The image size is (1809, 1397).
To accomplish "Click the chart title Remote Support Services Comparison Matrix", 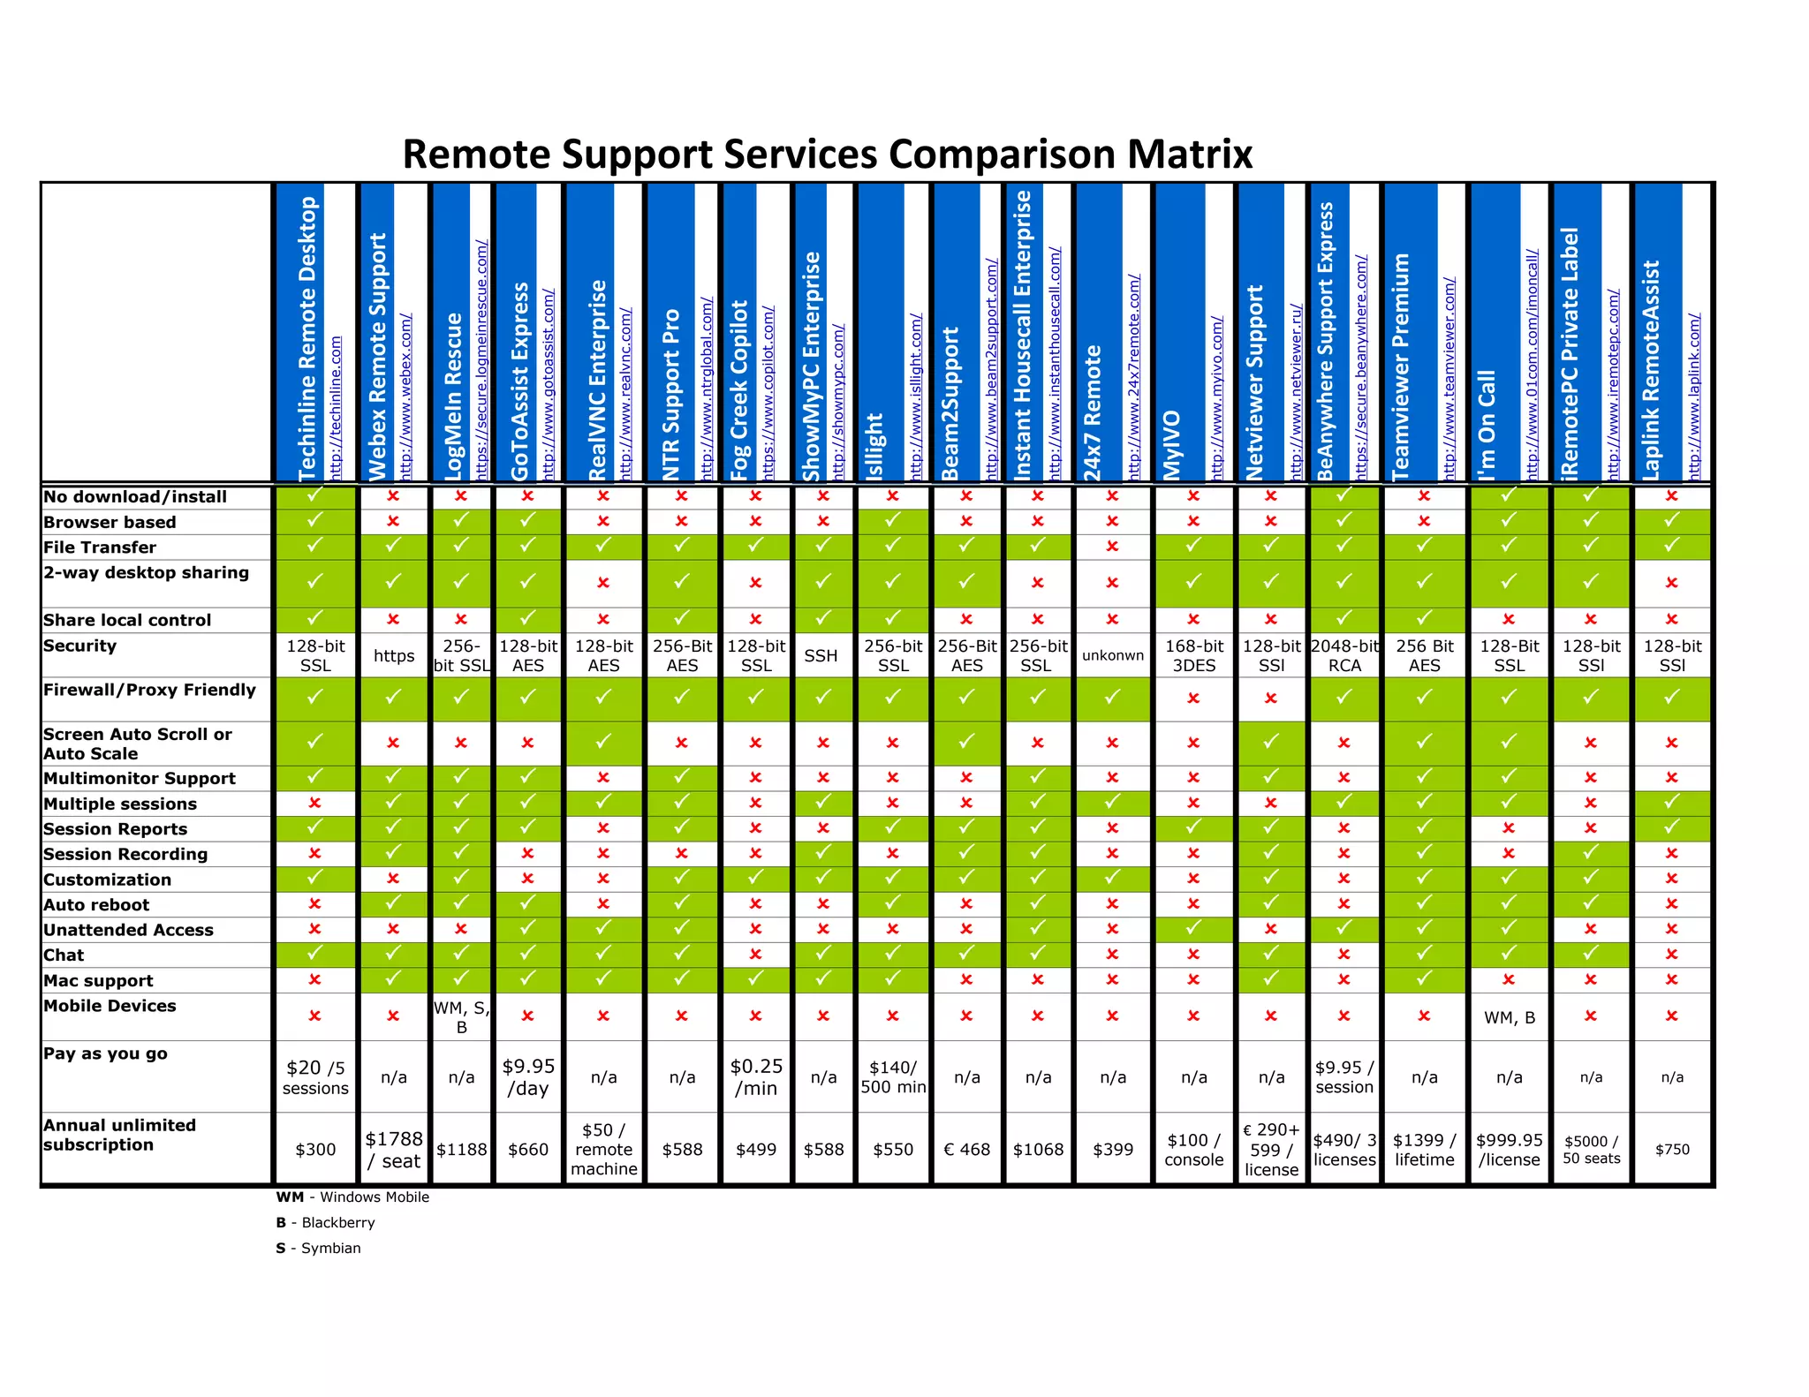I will pos(828,154).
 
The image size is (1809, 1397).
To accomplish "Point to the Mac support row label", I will pos(98,980).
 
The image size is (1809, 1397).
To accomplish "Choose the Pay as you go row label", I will pos(105,1053).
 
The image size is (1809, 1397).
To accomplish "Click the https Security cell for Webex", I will pos(394,655).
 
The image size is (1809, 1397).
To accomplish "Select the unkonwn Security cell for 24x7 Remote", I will pos(1112,655).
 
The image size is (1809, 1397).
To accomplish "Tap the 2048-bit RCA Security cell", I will pos(1344,655).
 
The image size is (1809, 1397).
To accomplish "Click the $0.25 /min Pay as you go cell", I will pos(756,1076).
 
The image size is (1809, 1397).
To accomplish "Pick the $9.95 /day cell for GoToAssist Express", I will pos(528,1076).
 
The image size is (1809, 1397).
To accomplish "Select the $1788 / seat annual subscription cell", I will pos(394,1149).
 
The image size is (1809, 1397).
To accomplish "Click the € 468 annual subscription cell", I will pos(966,1149).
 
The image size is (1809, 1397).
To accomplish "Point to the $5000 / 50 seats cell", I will pos(1591,1149).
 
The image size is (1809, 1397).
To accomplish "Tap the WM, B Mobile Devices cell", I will pos(1509,1017).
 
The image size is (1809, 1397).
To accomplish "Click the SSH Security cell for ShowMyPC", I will pos(821,655).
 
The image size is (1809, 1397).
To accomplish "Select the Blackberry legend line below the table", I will pos(325,1222).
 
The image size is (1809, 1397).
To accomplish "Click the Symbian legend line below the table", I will pos(318,1248).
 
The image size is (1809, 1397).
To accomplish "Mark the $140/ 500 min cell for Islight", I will pos(893,1076).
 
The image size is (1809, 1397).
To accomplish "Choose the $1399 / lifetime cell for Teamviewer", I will pos(1424,1149).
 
